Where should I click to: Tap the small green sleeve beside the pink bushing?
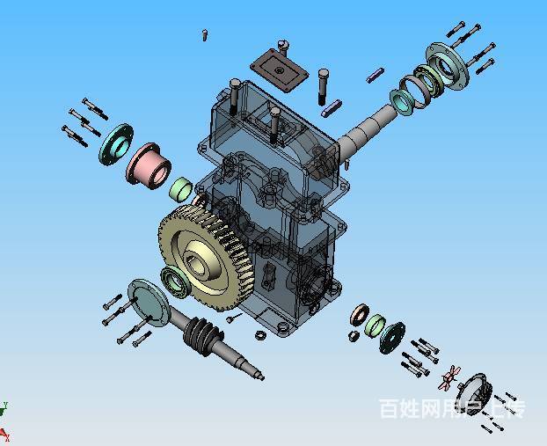(x=180, y=189)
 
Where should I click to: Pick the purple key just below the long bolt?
(x=332, y=107)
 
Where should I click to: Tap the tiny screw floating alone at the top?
(x=205, y=35)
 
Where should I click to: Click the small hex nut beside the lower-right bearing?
(x=352, y=334)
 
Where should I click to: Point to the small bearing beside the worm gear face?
(x=175, y=281)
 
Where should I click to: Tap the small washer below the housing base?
(x=260, y=335)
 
